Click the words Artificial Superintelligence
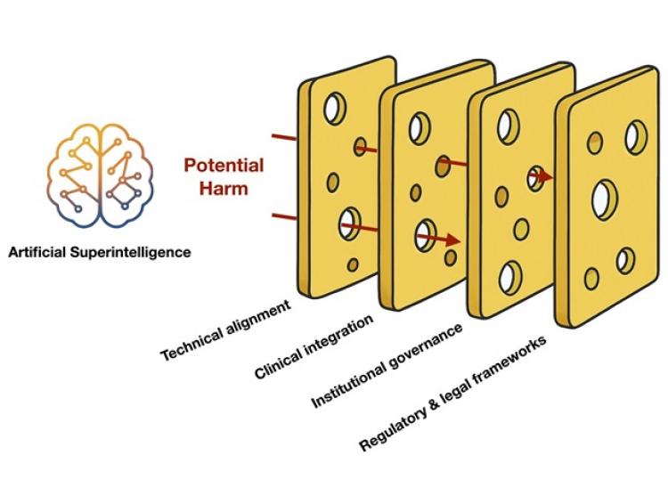coord(99,252)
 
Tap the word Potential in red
coord(224,166)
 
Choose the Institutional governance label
coord(387,367)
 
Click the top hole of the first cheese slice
coord(334,110)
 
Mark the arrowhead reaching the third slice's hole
coord(544,177)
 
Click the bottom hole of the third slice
coord(510,277)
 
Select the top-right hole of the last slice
coord(635,135)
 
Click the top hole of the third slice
coord(509,125)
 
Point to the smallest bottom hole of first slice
coord(353,264)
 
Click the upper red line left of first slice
coord(284,138)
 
